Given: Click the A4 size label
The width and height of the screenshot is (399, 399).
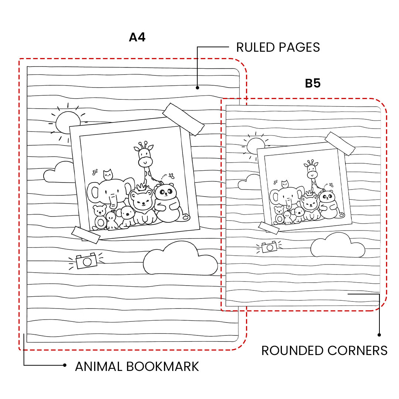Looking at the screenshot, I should pos(137,37).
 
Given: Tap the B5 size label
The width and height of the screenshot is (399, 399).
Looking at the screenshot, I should pos(313,83).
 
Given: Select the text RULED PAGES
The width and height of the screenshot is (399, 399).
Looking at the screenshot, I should pos(278,47).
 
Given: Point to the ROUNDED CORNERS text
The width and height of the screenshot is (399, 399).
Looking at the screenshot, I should pos(324,350).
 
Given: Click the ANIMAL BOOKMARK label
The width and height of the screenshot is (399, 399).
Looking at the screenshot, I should pos(137,366).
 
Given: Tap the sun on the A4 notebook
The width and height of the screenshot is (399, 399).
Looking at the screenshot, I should pos(68,123).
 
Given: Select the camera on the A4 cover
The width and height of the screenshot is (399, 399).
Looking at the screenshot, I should pos(87,261).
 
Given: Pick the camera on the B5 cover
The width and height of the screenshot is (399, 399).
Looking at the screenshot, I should pos(269,247).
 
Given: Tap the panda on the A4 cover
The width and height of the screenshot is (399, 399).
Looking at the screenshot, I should pos(166,203).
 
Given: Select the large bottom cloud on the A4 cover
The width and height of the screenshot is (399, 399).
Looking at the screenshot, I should pos(180,259).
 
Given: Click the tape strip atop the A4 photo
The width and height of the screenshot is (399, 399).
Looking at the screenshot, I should pos(184,119).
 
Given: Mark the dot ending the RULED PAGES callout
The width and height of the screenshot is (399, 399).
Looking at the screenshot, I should pos(197,88).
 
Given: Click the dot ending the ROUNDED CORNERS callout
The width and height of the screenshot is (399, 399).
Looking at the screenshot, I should pos(379,335).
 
